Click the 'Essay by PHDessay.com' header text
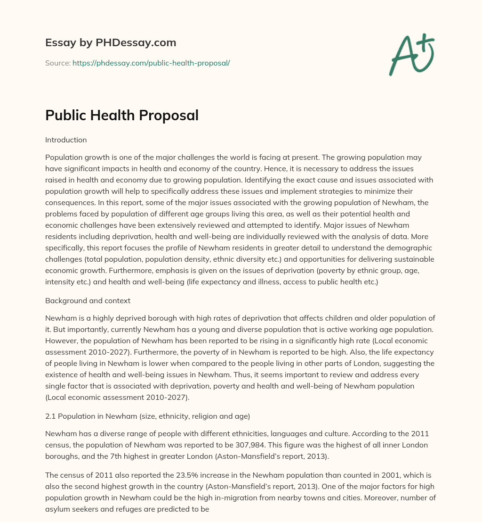(x=111, y=43)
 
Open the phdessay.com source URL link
(x=151, y=63)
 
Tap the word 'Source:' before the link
(x=57, y=63)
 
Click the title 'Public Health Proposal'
(x=122, y=116)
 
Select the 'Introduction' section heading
(x=66, y=140)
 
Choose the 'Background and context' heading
(x=88, y=300)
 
